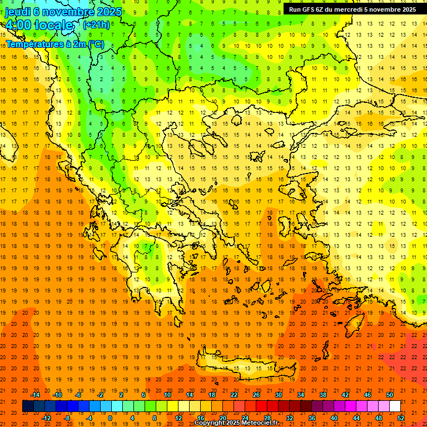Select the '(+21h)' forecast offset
(96, 25)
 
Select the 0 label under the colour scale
(110, 418)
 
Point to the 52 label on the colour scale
(401, 418)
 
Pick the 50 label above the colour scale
(389, 395)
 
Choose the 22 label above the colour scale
(234, 395)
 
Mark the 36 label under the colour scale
(312, 418)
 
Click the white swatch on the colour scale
(395, 406)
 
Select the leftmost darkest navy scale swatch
(28, 406)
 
